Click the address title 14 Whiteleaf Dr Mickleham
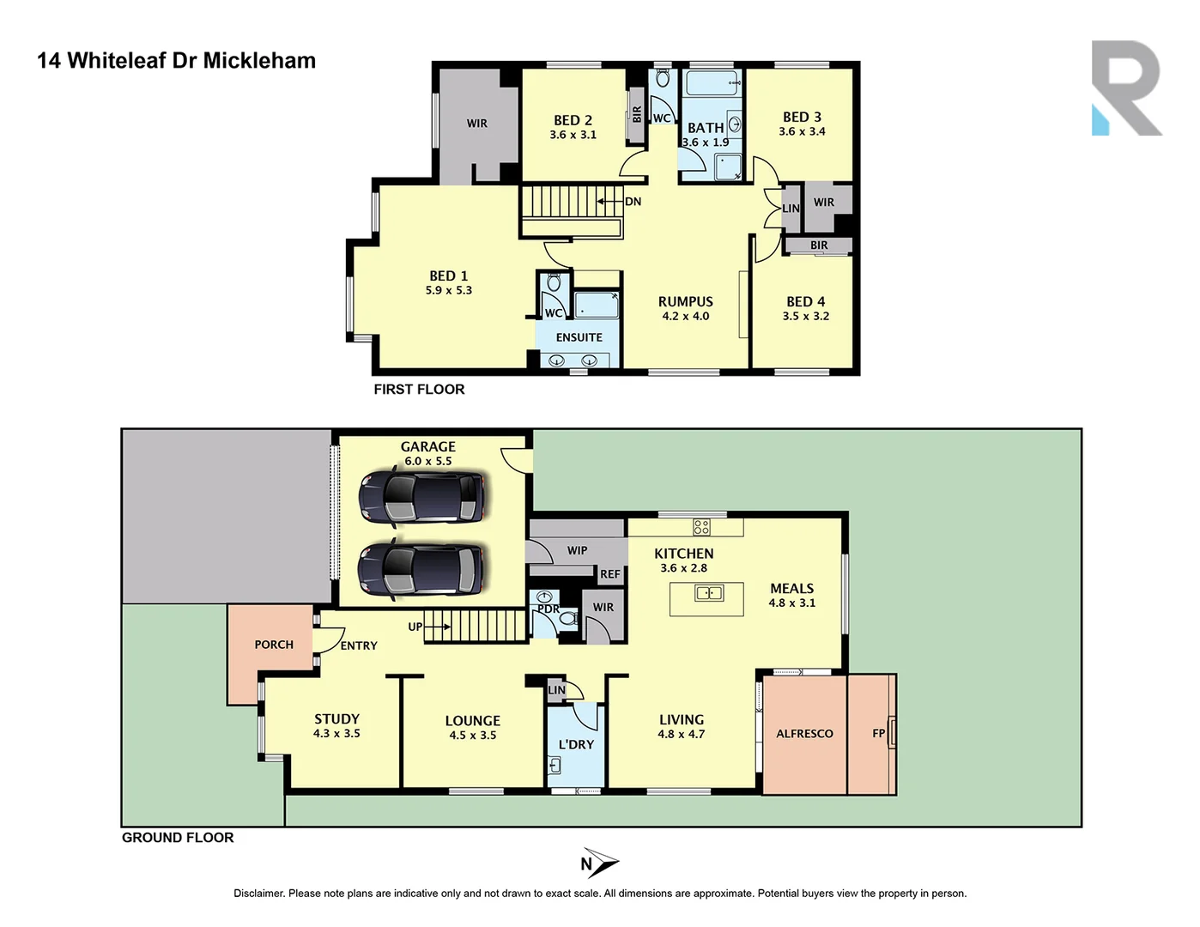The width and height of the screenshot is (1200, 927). pos(176,61)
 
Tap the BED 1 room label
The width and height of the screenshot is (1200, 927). pos(449,276)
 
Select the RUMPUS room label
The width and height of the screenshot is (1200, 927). pos(685,302)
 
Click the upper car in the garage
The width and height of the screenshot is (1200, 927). pos(421,497)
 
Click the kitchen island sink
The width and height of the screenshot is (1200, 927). pos(708,592)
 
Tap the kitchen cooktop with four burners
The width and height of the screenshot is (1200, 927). pos(702,527)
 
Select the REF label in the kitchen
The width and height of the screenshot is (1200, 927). pos(609,574)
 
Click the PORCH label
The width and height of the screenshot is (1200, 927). pos(274,645)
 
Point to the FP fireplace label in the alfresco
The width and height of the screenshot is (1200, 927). pos(878,733)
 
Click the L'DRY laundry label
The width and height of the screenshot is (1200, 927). pos(576,744)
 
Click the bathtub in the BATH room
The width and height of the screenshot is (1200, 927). pos(712,84)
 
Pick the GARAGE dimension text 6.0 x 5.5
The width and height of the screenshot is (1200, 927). pos(428,461)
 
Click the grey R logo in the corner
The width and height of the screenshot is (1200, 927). pos(1126,88)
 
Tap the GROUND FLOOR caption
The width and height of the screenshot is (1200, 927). pos(178,838)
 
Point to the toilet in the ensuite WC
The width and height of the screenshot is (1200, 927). pos(554,283)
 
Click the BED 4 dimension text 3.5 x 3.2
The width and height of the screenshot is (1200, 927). pos(805,316)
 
